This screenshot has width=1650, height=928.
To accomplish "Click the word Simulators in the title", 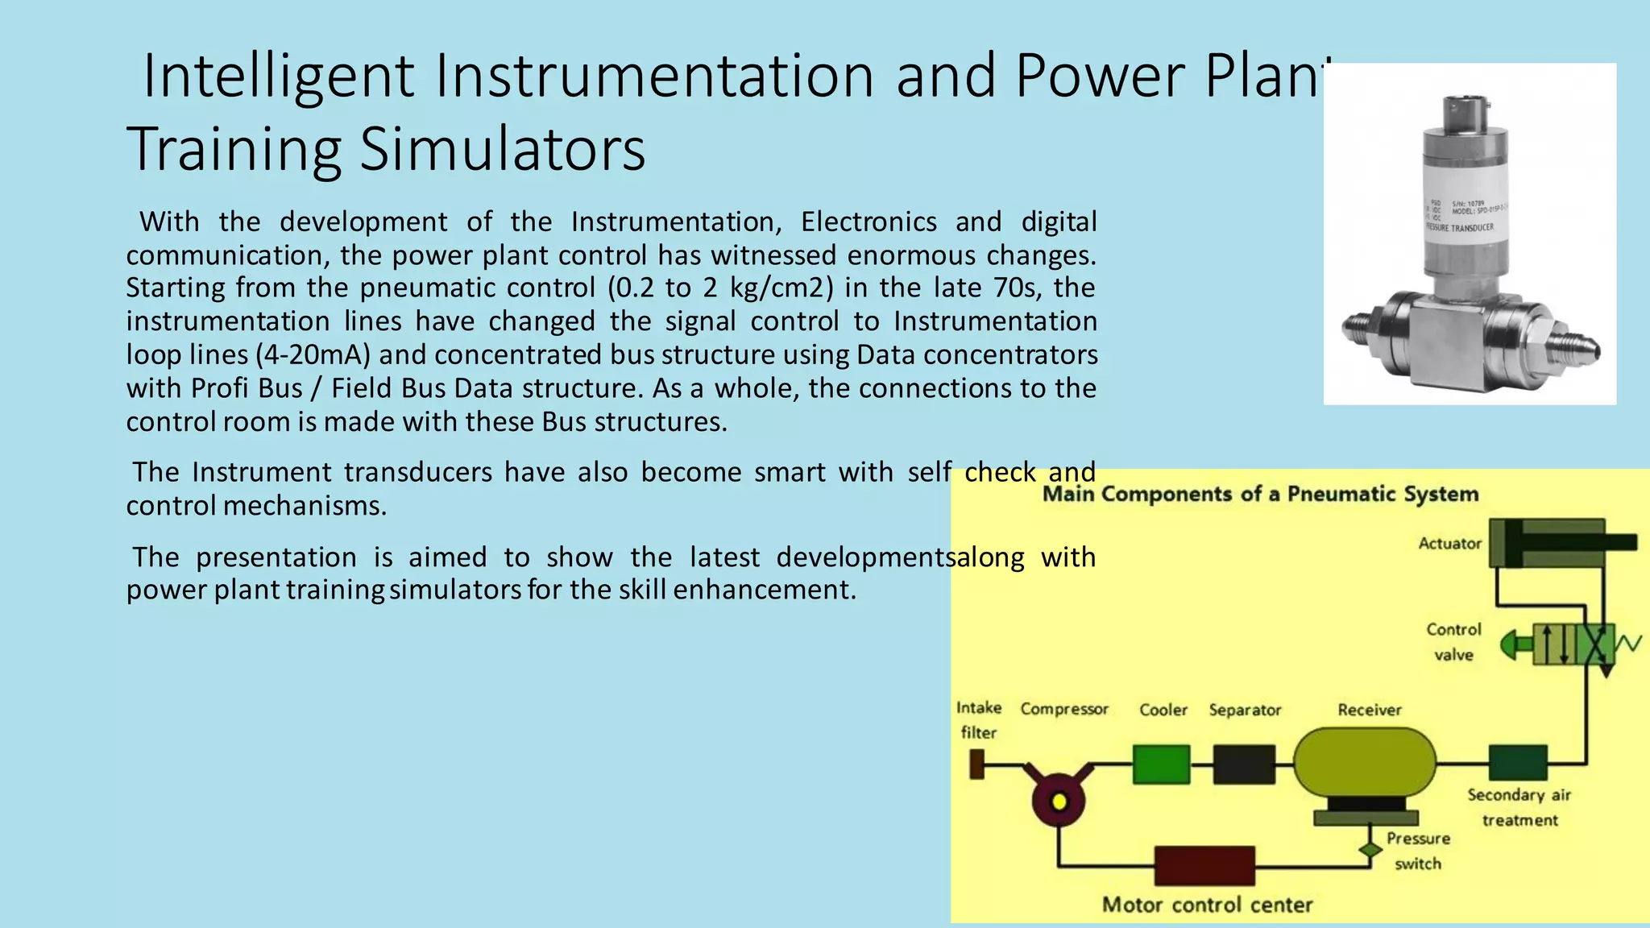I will (x=502, y=150).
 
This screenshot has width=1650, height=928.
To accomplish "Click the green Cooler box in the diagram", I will (x=1161, y=764).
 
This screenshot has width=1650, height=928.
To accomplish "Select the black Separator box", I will (x=1244, y=764).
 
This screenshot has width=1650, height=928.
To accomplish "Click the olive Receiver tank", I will (x=1365, y=761).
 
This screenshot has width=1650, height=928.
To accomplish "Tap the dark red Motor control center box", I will (x=1204, y=866).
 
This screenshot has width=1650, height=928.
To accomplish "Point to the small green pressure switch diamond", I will (x=1369, y=849).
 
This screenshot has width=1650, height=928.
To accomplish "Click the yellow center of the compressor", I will (x=1059, y=802).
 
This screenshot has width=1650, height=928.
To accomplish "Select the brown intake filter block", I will (x=976, y=764).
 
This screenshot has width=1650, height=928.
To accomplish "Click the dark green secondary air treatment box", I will (x=1518, y=763).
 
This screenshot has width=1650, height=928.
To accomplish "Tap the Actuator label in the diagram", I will (x=1449, y=544).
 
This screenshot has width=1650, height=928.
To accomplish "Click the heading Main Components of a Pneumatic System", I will (x=1260, y=494).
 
